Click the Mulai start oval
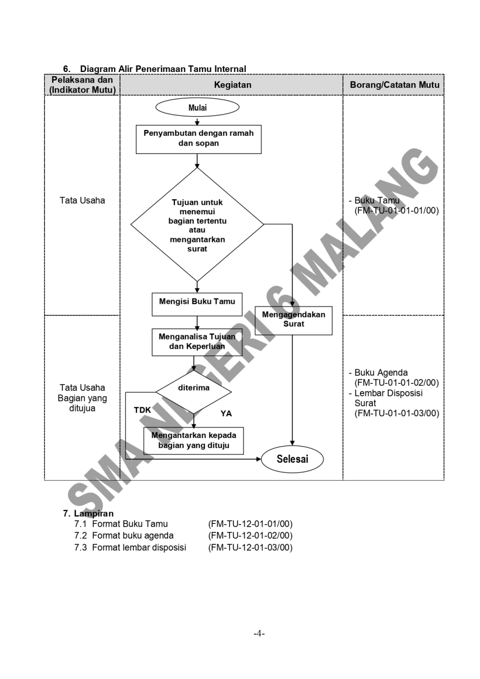197,107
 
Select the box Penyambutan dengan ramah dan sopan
198,139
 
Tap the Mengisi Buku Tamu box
197,302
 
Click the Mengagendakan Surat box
293,320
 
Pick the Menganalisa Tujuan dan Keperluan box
197,342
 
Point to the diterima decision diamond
194,389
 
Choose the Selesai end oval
292,459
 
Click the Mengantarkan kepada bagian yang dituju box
194,440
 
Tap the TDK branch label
142,410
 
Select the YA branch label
226,414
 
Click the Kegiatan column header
232,85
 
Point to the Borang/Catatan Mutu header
394,85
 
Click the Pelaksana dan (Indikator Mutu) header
83,85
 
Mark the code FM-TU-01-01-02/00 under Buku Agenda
396,383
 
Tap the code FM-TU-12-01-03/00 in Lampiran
250,547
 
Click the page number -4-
259,634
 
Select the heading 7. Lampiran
88,514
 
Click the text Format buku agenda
132,536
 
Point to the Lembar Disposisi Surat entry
388,398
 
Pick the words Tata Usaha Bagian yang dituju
82,398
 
